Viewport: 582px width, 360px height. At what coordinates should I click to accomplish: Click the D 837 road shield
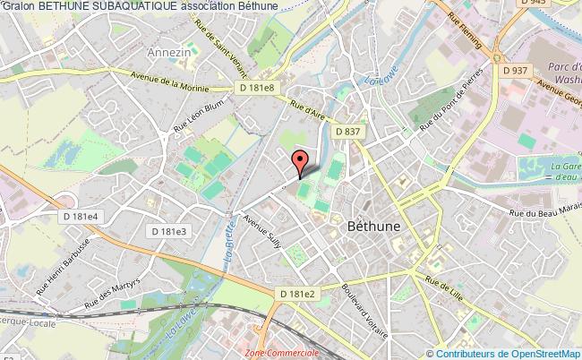point(347,132)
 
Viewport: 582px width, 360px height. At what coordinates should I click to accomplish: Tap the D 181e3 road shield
point(167,231)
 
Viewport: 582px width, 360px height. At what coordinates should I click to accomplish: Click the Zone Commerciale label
point(283,354)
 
